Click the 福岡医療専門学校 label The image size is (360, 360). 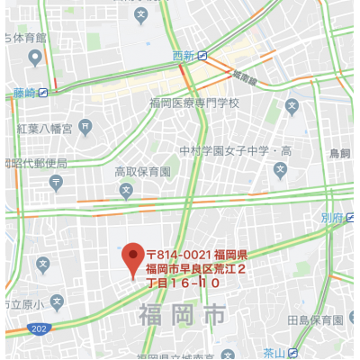tap(195, 103)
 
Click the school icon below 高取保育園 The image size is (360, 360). tap(126, 190)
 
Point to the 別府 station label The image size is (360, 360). tap(331, 217)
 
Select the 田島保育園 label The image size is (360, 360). tap(315, 320)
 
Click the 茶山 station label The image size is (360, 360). tap(274, 352)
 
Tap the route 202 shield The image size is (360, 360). tap(35, 329)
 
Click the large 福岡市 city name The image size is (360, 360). tap(183, 315)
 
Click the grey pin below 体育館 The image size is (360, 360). tap(35, 58)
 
